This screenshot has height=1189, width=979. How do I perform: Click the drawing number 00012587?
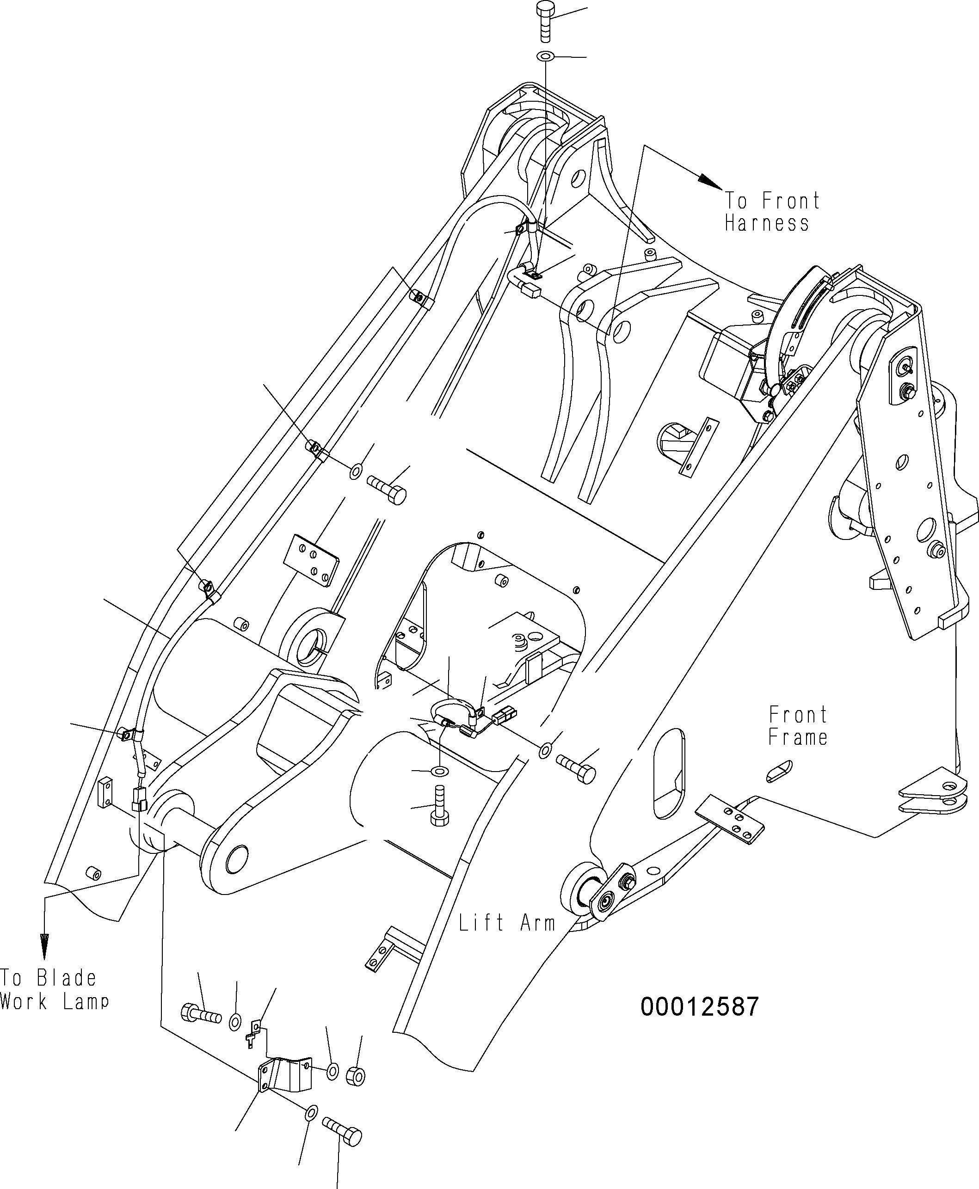[699, 1006]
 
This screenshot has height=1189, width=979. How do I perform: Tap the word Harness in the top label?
[766, 223]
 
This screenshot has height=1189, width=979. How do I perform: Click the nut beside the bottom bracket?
[355, 1076]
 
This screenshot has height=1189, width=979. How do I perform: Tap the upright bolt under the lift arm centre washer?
[439, 809]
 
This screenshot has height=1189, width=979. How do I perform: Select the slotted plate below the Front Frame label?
[730, 820]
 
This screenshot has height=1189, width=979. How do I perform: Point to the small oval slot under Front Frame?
[779, 771]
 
